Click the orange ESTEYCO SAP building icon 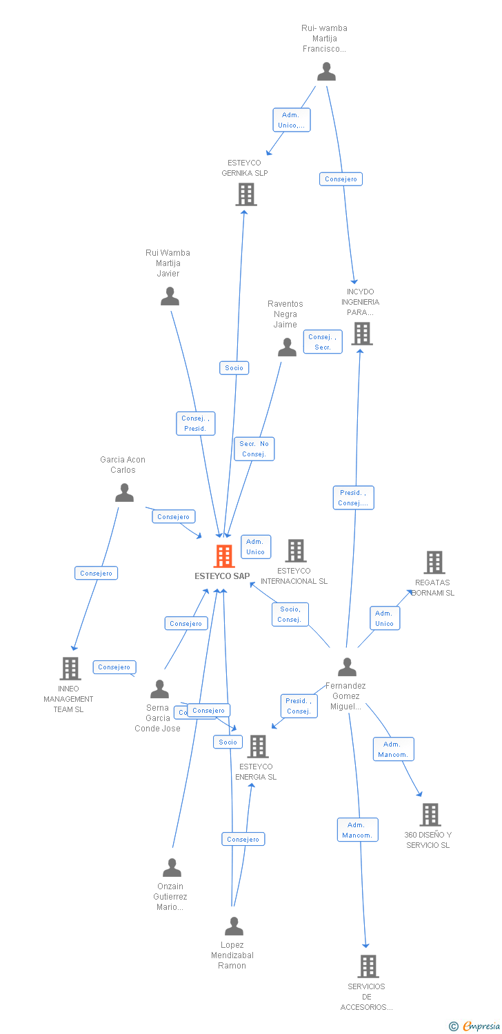(224, 556)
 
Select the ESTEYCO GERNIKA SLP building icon (245, 194)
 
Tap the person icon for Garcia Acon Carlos (124, 492)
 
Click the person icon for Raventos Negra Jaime (287, 347)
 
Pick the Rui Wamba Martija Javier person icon (170, 296)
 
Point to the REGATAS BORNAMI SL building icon (434, 562)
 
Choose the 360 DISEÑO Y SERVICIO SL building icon (430, 815)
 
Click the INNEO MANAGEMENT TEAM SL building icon (70, 668)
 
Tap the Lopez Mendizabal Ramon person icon (234, 926)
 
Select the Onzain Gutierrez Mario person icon (172, 867)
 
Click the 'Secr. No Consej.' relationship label (254, 449)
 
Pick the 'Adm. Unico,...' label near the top (291, 120)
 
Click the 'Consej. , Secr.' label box (323, 342)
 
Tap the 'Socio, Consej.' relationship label (290, 614)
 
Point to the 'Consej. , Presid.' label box (195, 423)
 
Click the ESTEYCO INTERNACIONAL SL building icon (296, 551)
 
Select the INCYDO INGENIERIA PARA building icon (361, 334)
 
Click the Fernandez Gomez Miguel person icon (347, 667)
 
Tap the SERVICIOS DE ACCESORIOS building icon (368, 966)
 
